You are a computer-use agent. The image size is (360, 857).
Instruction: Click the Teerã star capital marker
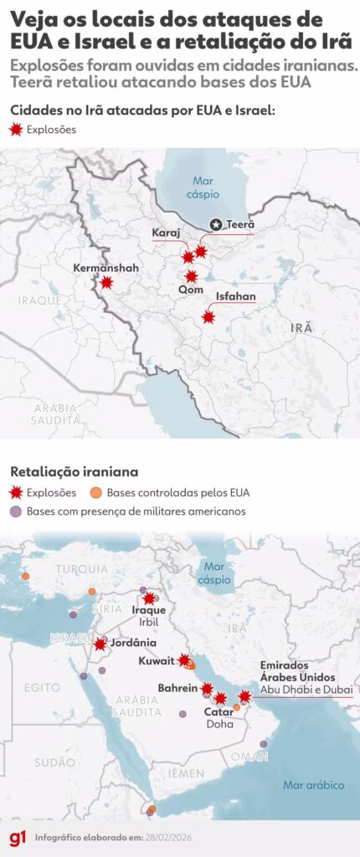click(216, 224)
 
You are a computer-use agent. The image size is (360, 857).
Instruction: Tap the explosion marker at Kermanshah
click(106, 283)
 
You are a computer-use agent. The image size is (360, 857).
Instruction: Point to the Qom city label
click(191, 289)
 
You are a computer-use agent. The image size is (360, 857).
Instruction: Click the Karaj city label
click(166, 232)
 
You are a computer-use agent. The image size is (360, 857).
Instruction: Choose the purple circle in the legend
click(15, 511)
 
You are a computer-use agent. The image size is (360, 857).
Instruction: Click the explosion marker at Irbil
click(150, 598)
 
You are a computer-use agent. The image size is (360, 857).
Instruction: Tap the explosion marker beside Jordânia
click(100, 644)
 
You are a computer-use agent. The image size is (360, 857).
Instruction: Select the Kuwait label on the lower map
click(157, 660)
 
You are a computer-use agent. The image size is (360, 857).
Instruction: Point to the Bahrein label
click(177, 688)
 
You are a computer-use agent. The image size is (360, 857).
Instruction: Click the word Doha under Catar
click(219, 724)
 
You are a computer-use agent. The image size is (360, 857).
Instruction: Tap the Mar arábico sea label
click(314, 785)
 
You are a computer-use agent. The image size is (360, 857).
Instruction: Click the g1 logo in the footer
click(17, 837)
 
